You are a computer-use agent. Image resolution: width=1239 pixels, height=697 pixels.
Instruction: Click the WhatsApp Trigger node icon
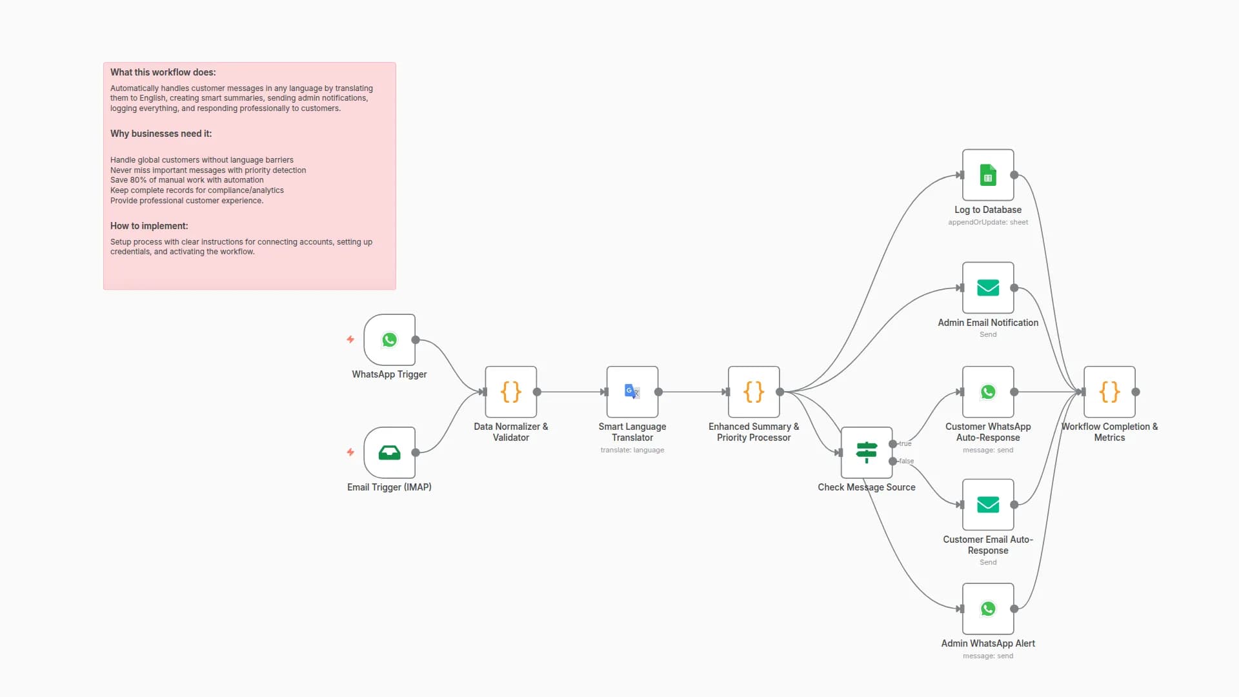[x=389, y=339]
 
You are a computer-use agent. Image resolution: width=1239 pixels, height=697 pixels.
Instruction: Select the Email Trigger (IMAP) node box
[x=389, y=452]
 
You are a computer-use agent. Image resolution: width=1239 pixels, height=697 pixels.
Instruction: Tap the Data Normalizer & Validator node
[x=510, y=392]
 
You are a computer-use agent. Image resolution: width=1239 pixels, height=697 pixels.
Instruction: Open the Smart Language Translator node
[x=632, y=392]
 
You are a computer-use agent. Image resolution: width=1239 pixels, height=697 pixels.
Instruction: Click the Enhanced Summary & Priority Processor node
[x=753, y=392]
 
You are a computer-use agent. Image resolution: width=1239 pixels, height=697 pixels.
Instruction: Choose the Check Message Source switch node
[x=866, y=452]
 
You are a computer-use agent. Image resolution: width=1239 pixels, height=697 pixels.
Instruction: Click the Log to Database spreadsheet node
[x=987, y=175]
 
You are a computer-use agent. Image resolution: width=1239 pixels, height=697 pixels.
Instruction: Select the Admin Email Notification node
[x=987, y=288]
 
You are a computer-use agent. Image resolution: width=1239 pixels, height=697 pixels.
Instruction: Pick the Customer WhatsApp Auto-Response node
[x=987, y=392]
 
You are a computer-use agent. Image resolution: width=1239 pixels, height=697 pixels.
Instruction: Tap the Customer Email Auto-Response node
[x=987, y=505]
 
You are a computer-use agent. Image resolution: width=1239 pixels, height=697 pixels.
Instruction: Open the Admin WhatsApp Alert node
[x=987, y=609]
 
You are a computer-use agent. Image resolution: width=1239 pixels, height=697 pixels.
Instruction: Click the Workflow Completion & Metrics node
[x=1109, y=392]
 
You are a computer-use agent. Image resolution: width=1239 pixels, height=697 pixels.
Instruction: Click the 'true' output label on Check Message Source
[x=905, y=443]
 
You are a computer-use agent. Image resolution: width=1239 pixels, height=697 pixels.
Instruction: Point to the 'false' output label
[x=907, y=461]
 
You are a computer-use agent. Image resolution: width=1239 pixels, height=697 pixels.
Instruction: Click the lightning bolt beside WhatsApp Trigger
[x=350, y=339]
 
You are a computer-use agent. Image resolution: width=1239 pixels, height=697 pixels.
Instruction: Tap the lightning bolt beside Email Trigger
[x=350, y=452]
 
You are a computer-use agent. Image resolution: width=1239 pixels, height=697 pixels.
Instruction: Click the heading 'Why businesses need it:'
[x=161, y=134]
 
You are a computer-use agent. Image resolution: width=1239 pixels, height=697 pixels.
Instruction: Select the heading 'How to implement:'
[x=149, y=226]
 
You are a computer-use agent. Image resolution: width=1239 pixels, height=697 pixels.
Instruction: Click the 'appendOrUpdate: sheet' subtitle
[x=987, y=222]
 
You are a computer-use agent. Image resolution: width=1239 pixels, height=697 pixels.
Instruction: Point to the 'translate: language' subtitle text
[x=632, y=450]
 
